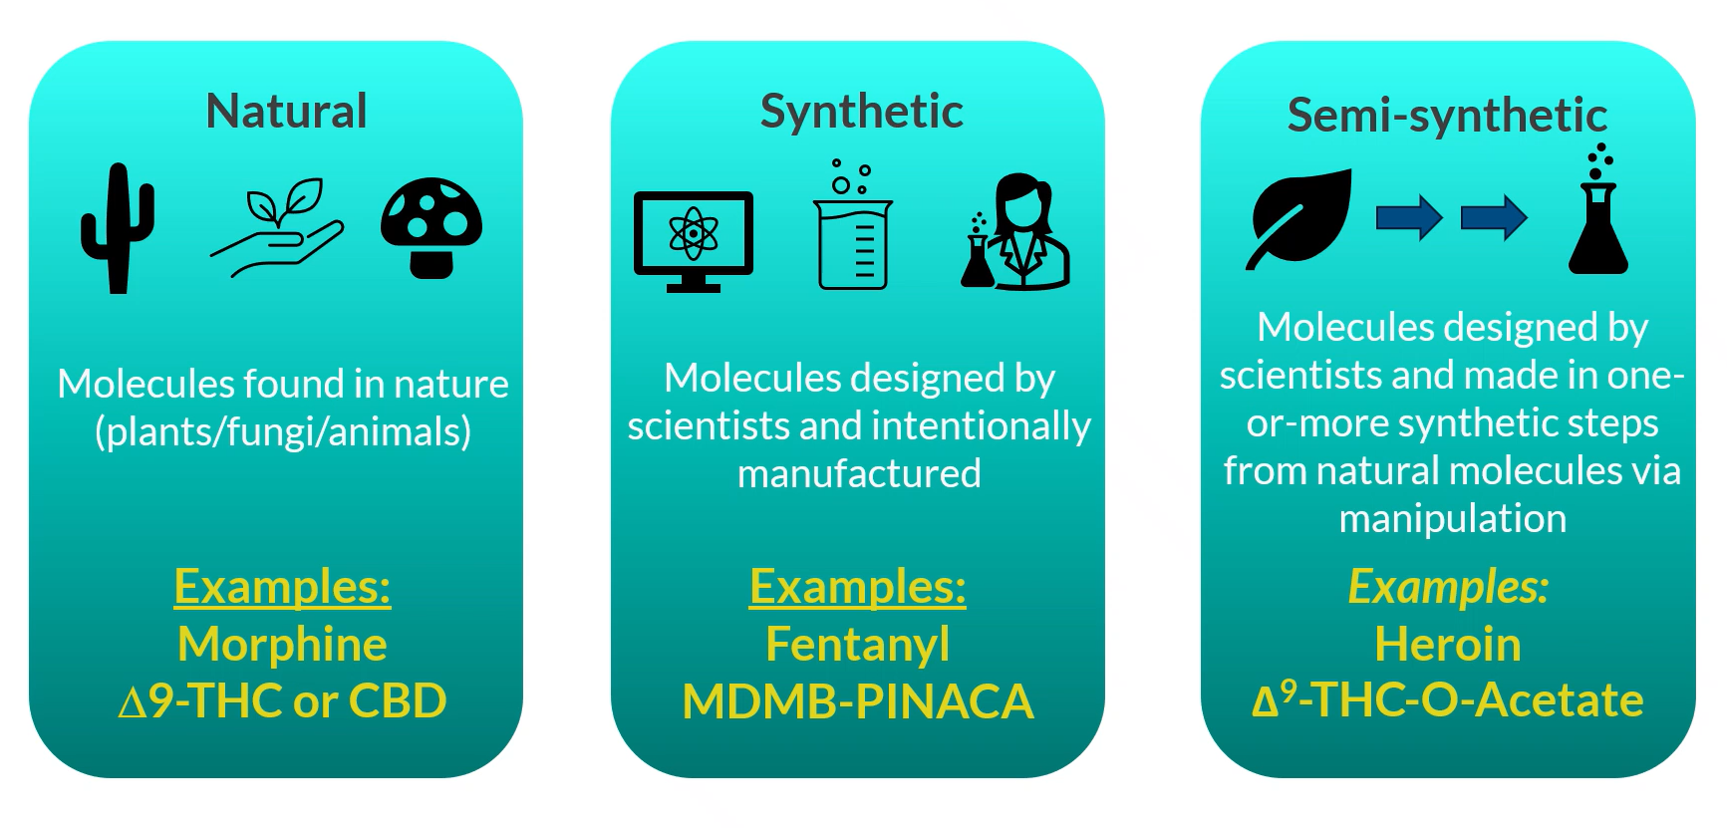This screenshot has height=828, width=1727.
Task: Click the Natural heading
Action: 286,111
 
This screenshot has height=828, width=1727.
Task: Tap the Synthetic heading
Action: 862,112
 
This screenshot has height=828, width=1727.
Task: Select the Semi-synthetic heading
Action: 1447,116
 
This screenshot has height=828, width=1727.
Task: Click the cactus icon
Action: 118,228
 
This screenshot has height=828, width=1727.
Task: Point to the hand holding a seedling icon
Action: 276,228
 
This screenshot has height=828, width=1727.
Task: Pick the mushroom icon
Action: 432,227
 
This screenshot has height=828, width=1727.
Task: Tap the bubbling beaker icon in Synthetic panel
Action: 853,225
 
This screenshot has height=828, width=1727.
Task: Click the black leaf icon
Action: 1298,219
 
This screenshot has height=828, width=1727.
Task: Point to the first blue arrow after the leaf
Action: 1409,217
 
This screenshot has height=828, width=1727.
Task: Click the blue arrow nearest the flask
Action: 1494,217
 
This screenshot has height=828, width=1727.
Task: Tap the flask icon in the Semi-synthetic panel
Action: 1598,209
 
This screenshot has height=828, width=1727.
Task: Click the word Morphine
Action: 282,645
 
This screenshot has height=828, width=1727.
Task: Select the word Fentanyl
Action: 858,645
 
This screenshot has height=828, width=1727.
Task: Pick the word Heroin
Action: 1448,645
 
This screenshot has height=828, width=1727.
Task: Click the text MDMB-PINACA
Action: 858,701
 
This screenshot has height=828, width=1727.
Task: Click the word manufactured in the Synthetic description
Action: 859,473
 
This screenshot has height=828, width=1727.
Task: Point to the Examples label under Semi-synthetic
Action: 1448,587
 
